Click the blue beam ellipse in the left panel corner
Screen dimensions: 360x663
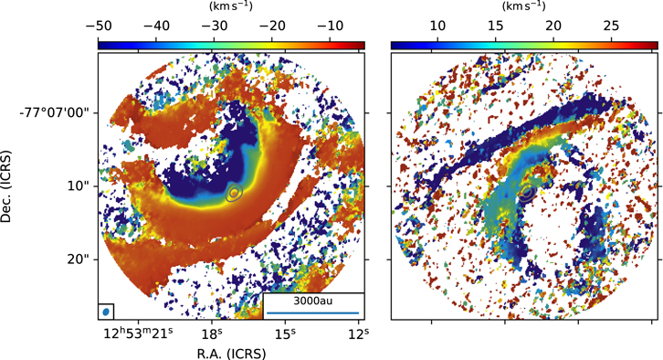click(x=106, y=312)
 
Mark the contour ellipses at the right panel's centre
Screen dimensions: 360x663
click(x=528, y=194)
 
